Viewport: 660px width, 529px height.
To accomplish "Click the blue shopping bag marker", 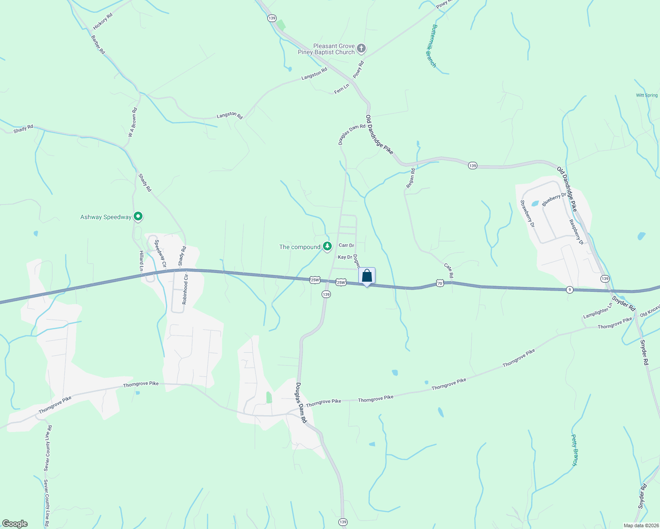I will (x=367, y=276).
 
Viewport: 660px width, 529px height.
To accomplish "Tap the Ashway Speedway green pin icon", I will (x=138, y=216).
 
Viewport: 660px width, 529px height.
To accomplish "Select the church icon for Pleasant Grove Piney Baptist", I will (x=361, y=48).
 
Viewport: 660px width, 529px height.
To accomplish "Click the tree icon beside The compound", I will (x=327, y=246).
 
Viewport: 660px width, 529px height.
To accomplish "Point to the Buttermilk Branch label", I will (x=427, y=46).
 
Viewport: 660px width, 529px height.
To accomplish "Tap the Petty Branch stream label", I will (x=574, y=450).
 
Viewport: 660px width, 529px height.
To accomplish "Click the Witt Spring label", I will (x=647, y=95).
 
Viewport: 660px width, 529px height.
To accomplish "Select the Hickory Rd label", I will (x=102, y=21).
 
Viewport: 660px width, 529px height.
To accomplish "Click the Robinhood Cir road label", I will (x=185, y=289).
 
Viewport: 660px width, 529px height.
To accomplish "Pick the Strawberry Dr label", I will (x=527, y=214).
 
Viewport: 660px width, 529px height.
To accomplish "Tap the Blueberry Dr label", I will (x=554, y=199).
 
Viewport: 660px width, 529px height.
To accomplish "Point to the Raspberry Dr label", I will (x=576, y=232).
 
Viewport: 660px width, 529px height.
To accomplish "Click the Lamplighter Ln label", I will (x=597, y=311).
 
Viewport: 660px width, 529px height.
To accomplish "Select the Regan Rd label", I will (x=410, y=179).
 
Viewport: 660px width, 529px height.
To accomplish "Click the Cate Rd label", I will (x=449, y=271).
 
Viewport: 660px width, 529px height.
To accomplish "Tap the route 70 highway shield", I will (x=440, y=283).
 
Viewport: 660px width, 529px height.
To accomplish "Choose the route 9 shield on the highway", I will (x=570, y=290).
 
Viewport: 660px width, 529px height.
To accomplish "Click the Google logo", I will (x=15, y=524).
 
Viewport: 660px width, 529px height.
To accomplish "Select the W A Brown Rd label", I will (x=132, y=122).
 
